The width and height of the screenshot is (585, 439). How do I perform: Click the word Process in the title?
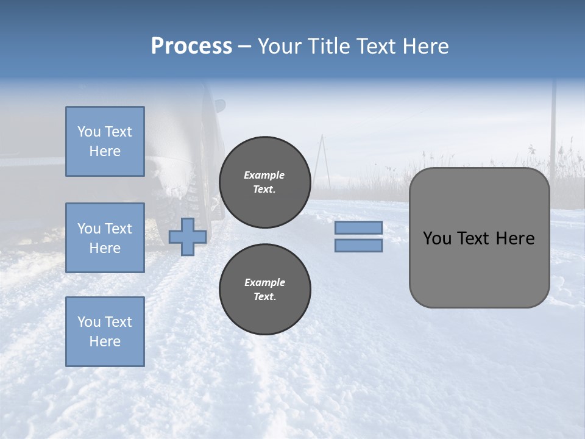pyautogui.click(x=191, y=46)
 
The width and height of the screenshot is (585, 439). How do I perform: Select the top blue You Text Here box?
pyautogui.click(x=105, y=141)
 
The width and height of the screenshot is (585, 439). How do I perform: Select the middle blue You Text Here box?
pyautogui.click(x=105, y=238)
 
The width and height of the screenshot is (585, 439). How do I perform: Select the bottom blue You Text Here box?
pyautogui.click(x=105, y=332)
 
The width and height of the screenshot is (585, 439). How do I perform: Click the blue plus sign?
pyautogui.click(x=187, y=237)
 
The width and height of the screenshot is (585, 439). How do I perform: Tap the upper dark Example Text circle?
pyautogui.click(x=265, y=182)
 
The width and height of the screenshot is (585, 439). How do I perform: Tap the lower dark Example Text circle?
pyautogui.click(x=265, y=290)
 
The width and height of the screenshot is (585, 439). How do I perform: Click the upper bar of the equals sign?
pyautogui.click(x=358, y=227)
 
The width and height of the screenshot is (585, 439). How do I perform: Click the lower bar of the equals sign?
pyautogui.click(x=358, y=246)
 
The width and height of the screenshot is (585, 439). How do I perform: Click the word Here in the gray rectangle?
pyautogui.click(x=515, y=238)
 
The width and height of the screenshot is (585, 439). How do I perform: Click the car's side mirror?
pyautogui.click(x=219, y=106)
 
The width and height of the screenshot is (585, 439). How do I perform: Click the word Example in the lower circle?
pyautogui.click(x=264, y=282)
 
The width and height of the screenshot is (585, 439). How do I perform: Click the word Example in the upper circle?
pyautogui.click(x=264, y=175)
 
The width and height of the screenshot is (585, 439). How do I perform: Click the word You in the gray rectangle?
pyautogui.click(x=436, y=238)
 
